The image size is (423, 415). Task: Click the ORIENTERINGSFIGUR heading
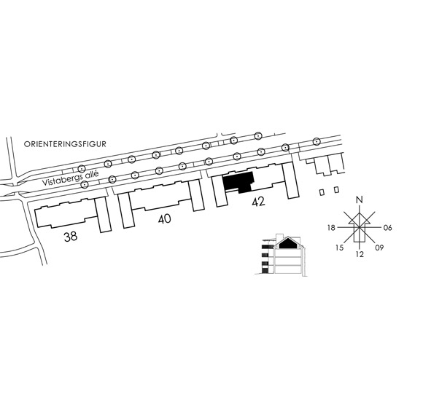pyautogui.click(x=65, y=144)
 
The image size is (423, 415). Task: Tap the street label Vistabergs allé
pyautogui.click(x=71, y=178)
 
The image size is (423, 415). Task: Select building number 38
pyautogui.click(x=71, y=237)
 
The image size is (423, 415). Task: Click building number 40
pyautogui.click(x=165, y=219)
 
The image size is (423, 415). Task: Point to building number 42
pyautogui.click(x=258, y=202)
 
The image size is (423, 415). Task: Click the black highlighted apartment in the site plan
pyautogui.click(x=238, y=182)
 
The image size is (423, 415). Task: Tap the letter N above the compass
pyautogui.click(x=359, y=199)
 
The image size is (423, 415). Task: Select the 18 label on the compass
pyautogui.click(x=331, y=228)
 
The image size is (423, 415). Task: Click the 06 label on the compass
pyautogui.click(x=387, y=228)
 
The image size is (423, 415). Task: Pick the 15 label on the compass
pyautogui.click(x=339, y=248)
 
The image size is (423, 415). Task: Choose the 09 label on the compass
pyautogui.click(x=379, y=248)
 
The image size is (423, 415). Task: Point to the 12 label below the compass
pyautogui.click(x=360, y=254)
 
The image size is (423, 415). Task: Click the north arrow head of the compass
pyautogui.click(x=359, y=218)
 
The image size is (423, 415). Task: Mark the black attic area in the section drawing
pyautogui.click(x=289, y=243)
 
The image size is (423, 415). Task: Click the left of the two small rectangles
pyautogui.click(x=322, y=192)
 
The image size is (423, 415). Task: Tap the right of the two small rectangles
pyautogui.click(x=336, y=190)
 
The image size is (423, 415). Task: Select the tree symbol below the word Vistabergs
pyautogui.click(x=85, y=184)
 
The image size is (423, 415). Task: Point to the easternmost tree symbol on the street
pyautogui.click(x=317, y=141)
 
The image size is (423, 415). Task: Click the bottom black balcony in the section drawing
pyautogui.click(x=265, y=270)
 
